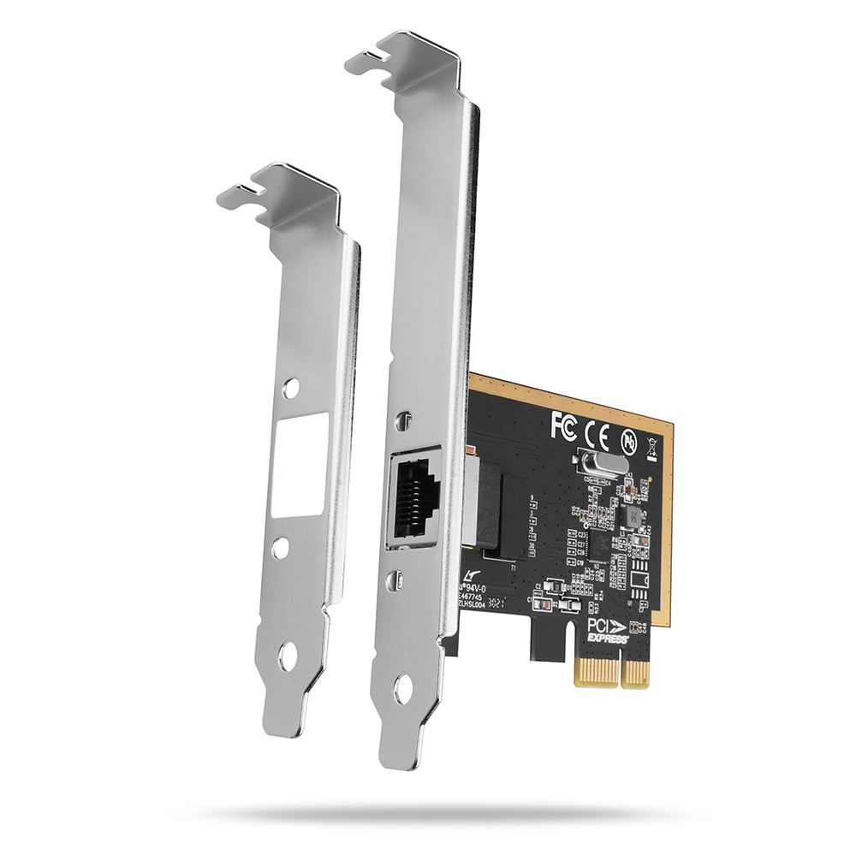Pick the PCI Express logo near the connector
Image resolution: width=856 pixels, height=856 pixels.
pyautogui.click(x=609, y=632)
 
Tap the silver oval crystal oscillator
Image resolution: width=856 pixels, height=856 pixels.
pyautogui.click(x=596, y=465)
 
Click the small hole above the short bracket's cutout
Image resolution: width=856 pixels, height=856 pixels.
pyautogui.click(x=294, y=388)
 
